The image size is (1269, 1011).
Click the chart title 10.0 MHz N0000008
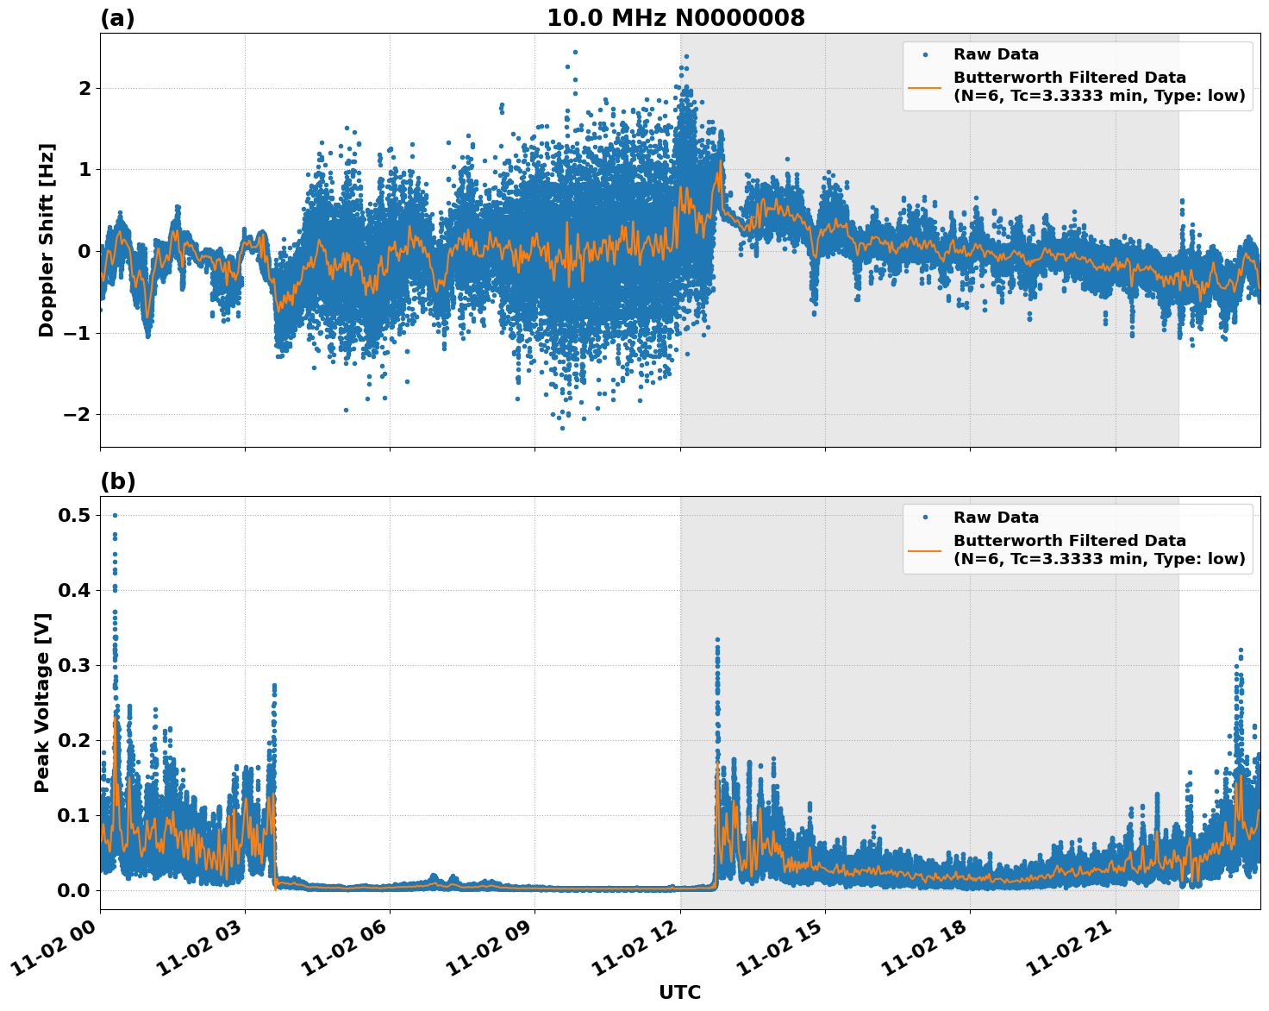point(675,18)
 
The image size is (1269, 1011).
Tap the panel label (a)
point(117,18)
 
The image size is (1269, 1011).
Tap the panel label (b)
point(117,481)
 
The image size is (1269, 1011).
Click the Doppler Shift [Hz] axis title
point(47,240)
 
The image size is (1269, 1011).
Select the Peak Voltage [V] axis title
point(42,702)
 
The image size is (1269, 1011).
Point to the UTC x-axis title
point(679,992)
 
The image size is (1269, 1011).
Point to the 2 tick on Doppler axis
point(84,88)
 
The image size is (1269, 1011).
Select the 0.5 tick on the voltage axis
point(76,515)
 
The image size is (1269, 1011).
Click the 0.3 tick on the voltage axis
point(76,665)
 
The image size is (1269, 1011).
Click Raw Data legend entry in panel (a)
point(996,54)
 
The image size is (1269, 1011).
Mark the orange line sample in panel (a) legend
point(924,86)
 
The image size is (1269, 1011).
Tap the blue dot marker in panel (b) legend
point(924,518)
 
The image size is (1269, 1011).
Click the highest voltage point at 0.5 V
point(115,515)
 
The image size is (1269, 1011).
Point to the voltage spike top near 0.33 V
point(717,640)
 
